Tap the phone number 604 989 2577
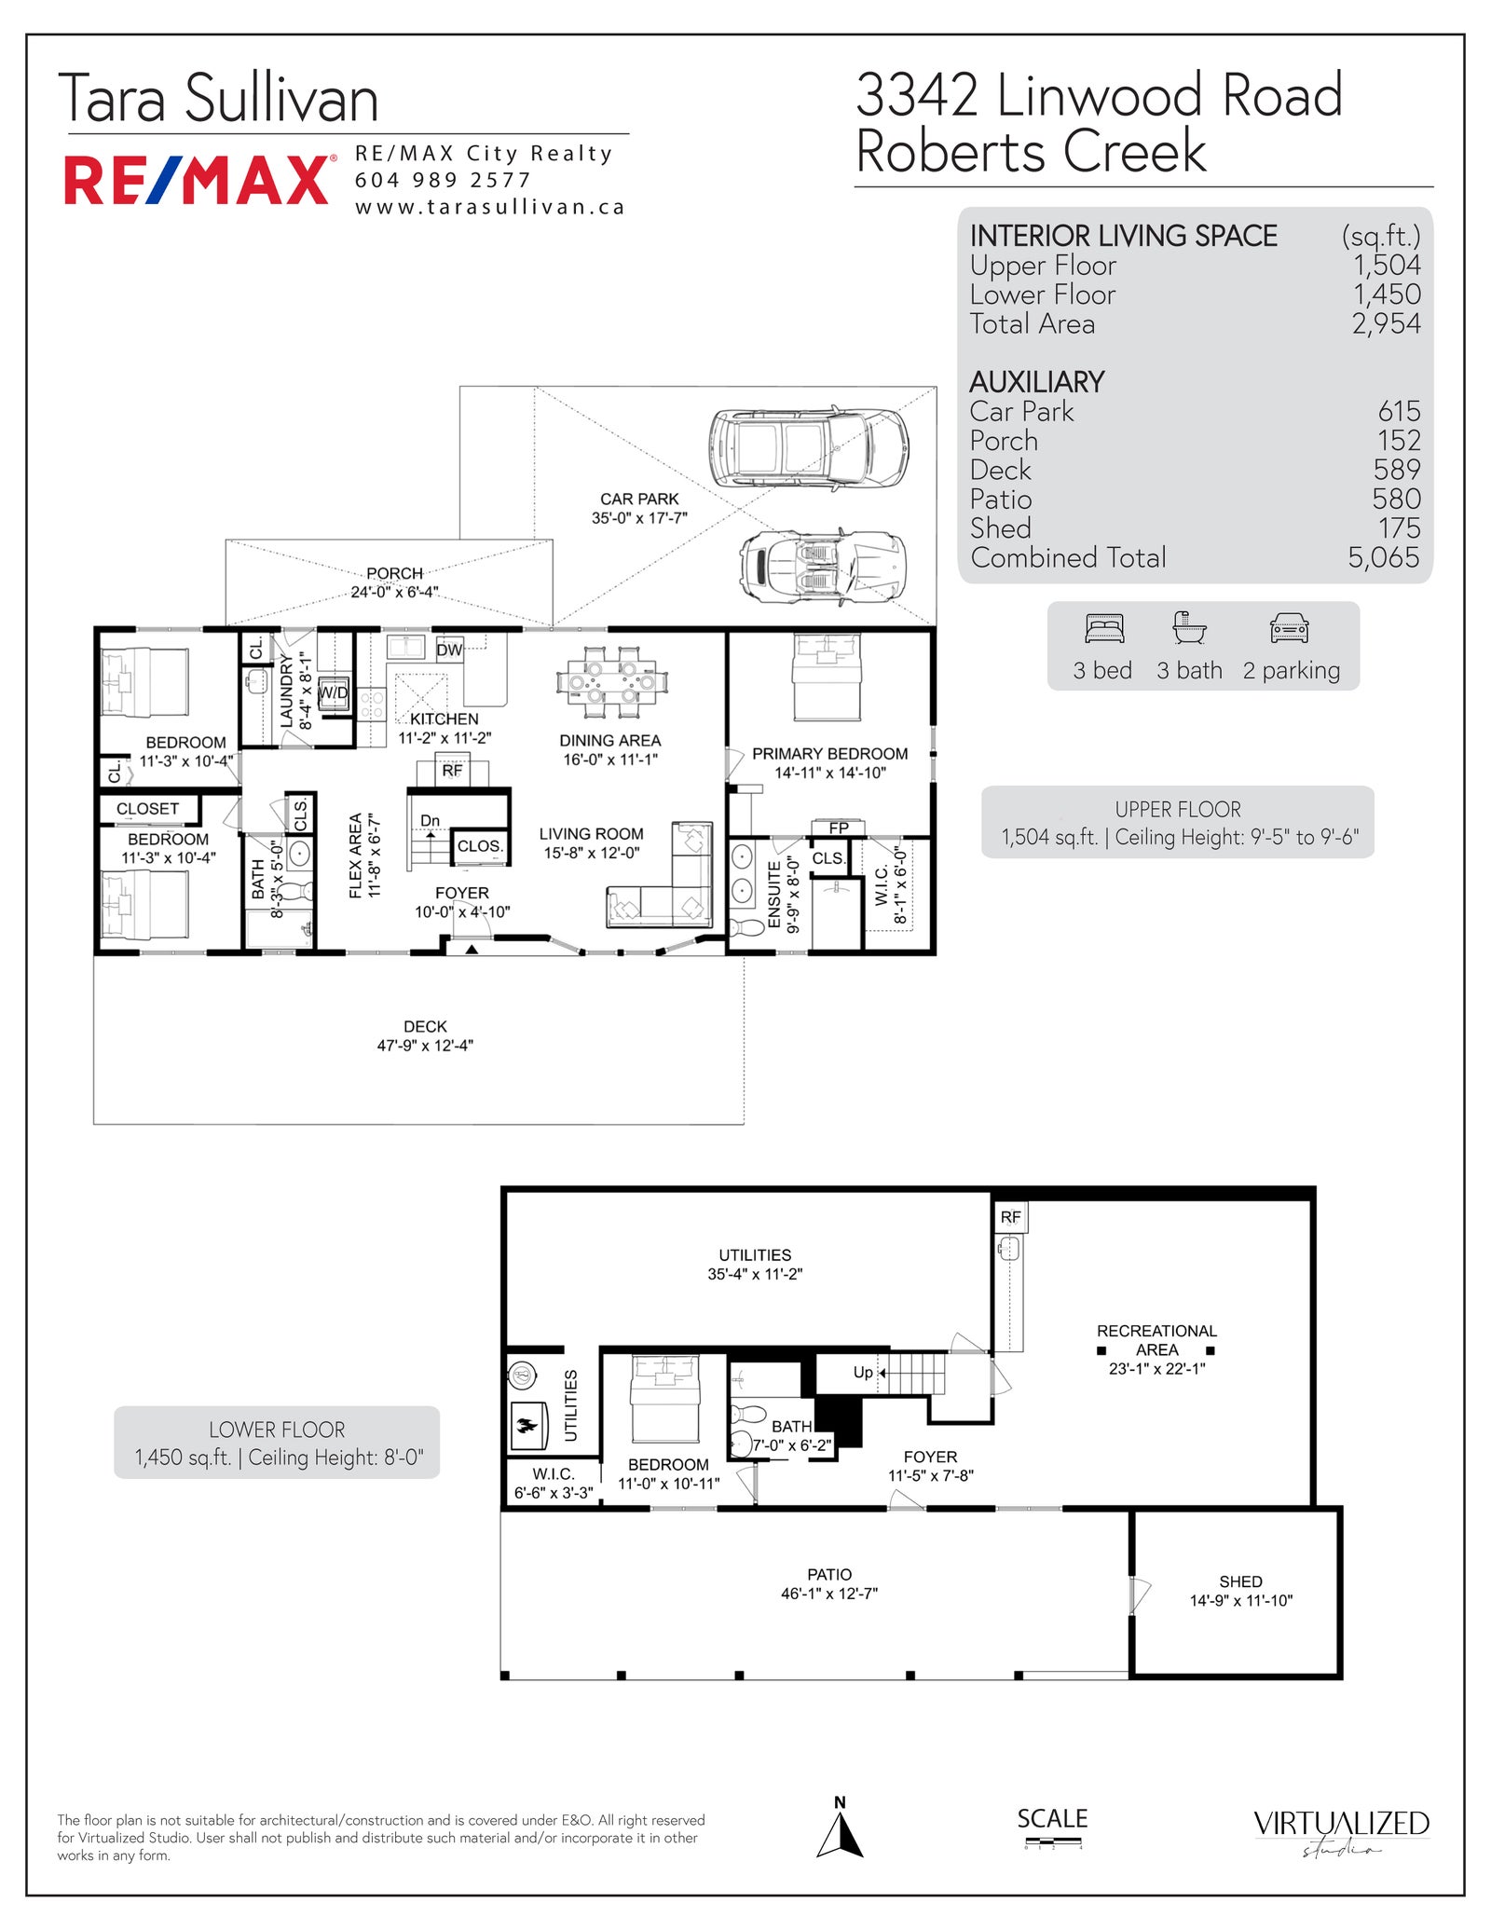[443, 180]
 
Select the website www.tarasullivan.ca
[489, 207]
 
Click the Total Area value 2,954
[1387, 323]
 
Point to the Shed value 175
[1399, 527]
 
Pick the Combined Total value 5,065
[1384, 557]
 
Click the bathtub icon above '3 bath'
[1189, 628]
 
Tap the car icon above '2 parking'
[1290, 629]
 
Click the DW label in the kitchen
[449, 650]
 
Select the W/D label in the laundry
[333, 692]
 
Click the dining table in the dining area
[611, 682]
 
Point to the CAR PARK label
[639, 499]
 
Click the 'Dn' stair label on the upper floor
[430, 820]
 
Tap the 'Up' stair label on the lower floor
[863, 1372]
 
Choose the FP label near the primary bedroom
[839, 828]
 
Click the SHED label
[1240, 1581]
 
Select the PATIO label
[829, 1574]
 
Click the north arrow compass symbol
[840, 1833]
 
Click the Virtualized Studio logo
[1341, 1831]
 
